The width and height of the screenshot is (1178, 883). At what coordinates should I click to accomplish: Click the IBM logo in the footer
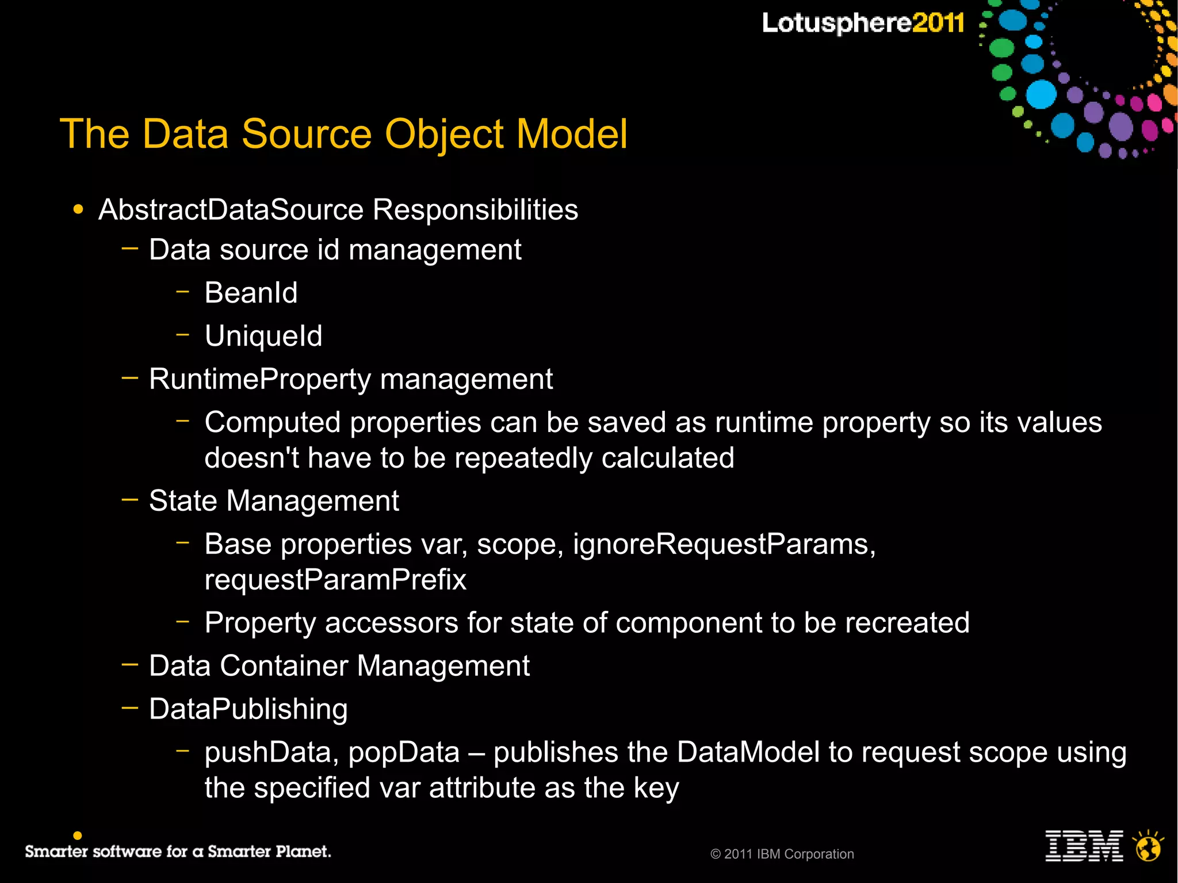pos(1084,846)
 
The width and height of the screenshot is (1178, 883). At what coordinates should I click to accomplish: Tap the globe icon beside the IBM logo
pos(1148,846)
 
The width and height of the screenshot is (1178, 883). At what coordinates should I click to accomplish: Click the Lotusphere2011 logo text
pos(863,24)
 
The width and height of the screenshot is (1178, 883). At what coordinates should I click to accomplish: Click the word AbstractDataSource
pos(231,209)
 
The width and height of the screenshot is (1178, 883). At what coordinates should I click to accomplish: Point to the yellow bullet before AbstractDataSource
pos(78,209)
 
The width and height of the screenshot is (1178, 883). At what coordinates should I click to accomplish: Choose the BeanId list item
pos(251,293)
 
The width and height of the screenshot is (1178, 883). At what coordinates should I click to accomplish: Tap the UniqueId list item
pos(263,336)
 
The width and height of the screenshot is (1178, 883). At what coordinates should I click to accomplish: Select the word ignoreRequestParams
pos(724,544)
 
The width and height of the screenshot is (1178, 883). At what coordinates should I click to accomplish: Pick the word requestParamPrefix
pos(335,580)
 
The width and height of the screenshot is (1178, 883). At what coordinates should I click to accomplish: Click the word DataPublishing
pos(248,709)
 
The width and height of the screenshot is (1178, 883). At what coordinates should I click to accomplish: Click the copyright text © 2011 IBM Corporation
pos(782,854)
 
